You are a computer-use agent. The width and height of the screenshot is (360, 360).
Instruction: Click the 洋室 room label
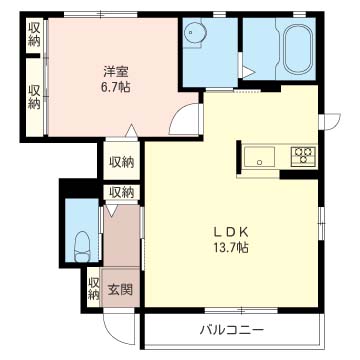tap(113, 71)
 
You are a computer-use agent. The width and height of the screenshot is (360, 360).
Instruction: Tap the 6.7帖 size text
tap(113, 87)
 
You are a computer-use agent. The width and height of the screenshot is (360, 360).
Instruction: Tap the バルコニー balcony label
tap(231, 330)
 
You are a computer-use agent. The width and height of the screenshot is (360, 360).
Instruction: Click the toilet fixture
tap(82, 243)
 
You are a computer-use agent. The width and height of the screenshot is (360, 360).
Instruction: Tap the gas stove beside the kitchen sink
tap(303, 155)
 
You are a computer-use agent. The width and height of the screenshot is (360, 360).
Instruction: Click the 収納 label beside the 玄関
tap(93, 288)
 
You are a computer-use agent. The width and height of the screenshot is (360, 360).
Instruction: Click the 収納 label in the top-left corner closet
tap(34, 35)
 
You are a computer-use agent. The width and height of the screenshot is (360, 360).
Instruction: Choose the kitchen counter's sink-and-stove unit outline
tap(279, 156)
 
